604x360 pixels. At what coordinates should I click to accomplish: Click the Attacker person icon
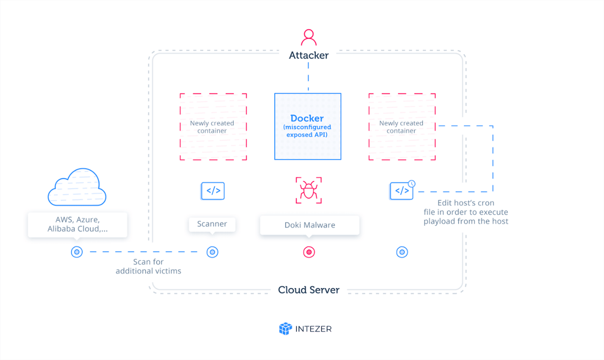click(309, 38)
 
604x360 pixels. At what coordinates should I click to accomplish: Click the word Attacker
click(309, 56)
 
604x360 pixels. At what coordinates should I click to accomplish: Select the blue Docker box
click(307, 126)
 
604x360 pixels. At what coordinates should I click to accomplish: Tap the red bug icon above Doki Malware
click(309, 191)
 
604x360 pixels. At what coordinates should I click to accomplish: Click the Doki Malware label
click(309, 225)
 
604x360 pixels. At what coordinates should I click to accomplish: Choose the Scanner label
click(212, 224)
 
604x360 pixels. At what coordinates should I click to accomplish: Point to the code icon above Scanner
click(213, 191)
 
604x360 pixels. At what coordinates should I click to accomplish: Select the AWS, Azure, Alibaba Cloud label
click(78, 225)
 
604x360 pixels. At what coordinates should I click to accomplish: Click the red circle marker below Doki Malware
click(309, 252)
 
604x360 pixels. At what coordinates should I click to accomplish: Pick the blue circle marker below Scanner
click(212, 252)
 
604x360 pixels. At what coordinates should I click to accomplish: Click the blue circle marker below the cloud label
click(77, 252)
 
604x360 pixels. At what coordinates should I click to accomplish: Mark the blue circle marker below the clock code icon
click(402, 252)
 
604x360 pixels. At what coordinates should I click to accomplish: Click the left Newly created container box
click(213, 127)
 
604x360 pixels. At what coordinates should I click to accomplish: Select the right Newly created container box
click(402, 127)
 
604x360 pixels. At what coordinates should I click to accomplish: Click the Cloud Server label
click(309, 290)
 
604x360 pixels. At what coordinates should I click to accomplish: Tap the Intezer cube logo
click(286, 328)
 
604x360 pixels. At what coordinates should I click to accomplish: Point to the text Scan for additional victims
click(148, 266)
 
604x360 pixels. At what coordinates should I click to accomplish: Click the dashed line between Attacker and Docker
click(309, 77)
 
